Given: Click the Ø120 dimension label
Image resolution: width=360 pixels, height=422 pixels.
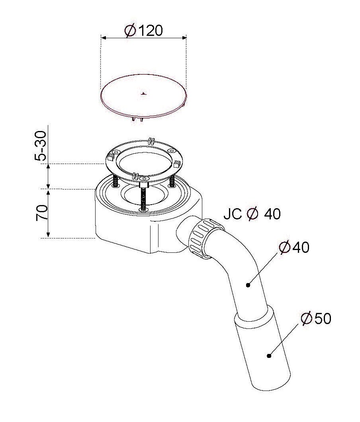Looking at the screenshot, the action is (143, 30).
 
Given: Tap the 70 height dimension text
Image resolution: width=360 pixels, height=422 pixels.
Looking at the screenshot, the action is (42, 213).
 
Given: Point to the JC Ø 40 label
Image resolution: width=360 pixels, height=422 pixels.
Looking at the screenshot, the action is (252, 214).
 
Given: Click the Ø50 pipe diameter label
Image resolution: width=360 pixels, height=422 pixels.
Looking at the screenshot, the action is (316, 318).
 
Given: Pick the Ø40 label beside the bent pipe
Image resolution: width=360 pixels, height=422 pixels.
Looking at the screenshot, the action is (294, 247).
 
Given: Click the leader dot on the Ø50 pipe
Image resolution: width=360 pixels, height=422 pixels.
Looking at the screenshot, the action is (269, 356).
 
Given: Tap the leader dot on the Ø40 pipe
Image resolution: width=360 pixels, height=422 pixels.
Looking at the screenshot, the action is (248, 285).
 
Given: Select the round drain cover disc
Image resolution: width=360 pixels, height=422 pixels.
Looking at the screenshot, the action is (143, 96).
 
